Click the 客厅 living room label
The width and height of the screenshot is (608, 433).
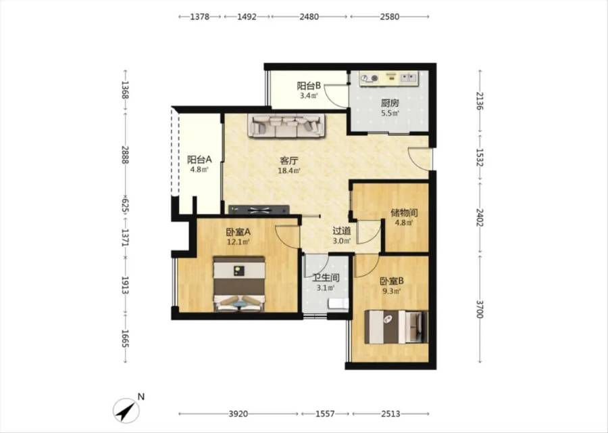289,160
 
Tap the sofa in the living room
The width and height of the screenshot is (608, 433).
286,125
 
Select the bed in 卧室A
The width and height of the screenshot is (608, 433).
239,283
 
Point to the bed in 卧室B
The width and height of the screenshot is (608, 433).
396,327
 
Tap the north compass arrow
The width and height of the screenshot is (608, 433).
126,411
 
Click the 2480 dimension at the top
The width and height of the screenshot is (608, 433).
309,17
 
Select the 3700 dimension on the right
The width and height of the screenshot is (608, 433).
480,309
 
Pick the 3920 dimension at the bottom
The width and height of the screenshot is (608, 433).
238,414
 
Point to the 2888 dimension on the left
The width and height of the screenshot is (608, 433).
125,154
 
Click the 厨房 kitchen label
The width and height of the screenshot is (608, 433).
390,104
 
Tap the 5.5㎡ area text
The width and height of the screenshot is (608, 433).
390,114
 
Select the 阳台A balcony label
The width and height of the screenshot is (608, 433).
199,159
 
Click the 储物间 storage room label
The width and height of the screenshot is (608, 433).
404,213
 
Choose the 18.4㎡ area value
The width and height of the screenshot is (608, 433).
289,170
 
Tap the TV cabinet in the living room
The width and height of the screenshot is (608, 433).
259,210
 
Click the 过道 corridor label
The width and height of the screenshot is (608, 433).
342,231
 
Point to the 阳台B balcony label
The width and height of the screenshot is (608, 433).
309,85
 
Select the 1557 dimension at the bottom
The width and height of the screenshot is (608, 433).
325,414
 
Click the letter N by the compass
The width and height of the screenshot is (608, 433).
141,397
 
